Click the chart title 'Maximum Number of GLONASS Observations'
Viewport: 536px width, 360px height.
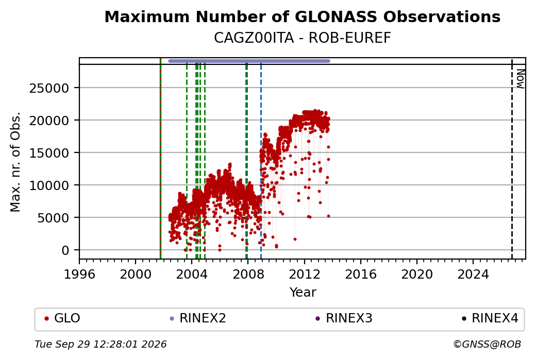tap(302, 16)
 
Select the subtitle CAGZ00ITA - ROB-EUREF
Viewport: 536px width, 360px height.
tap(302, 38)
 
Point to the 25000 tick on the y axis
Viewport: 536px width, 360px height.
tap(49, 89)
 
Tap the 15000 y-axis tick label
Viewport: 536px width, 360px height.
tap(49, 153)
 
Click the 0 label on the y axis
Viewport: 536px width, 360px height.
tap(65, 250)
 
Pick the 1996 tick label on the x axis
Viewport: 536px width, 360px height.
tap(79, 275)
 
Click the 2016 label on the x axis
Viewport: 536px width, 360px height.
tap(361, 275)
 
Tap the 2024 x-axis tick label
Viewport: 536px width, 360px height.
tap(473, 275)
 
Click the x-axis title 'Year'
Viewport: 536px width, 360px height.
tap(303, 293)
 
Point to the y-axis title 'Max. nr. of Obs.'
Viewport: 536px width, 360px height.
tap(15, 162)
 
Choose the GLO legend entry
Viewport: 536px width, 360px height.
tap(62, 318)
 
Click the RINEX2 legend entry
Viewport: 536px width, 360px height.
tap(198, 318)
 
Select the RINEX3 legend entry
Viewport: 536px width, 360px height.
tap(344, 318)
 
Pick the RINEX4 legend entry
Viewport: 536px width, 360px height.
tap(490, 318)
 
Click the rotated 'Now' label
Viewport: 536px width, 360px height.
tap(520, 79)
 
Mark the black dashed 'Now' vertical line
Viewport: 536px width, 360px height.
tap(512, 159)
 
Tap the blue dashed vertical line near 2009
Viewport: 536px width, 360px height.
tap(261, 159)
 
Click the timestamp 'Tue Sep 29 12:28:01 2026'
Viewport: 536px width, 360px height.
tap(100, 344)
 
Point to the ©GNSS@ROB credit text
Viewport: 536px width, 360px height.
tap(487, 344)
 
